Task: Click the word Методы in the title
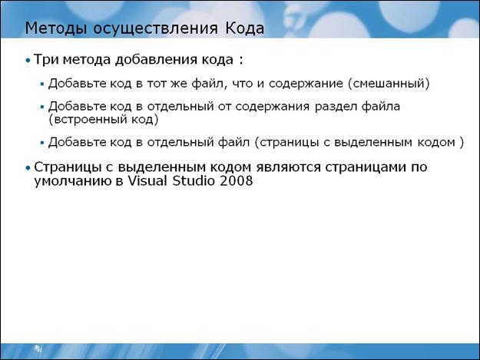click(56, 28)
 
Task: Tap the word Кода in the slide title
click(244, 28)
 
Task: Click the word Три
click(46, 59)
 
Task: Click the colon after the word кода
click(241, 60)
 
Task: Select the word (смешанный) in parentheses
click(389, 84)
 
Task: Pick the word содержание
click(306, 84)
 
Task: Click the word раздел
click(336, 107)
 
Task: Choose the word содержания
click(273, 107)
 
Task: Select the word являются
click(289, 167)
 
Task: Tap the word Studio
click(194, 180)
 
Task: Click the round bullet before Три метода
click(28, 61)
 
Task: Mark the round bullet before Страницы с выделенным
click(28, 168)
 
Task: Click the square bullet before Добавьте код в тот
click(42, 84)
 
